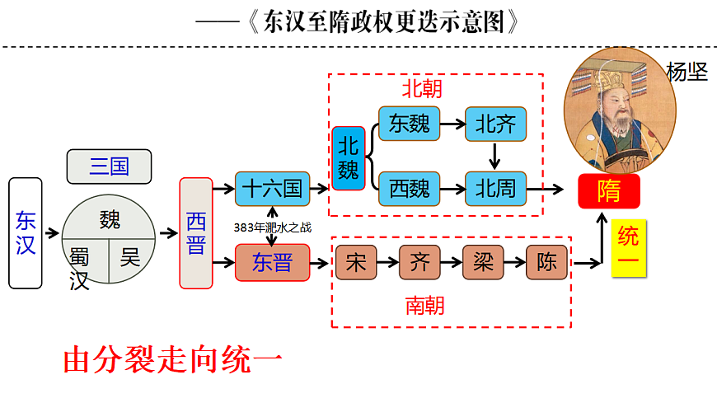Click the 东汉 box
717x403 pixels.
(25, 232)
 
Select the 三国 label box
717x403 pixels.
(109, 166)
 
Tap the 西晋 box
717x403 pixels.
(195, 232)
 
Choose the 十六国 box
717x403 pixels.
(271, 189)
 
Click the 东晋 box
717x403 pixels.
(272, 263)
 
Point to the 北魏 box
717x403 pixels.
(349, 157)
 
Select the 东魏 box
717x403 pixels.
(410, 124)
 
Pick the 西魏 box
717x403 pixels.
(410, 189)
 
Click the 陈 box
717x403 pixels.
(547, 262)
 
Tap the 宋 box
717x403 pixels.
(356, 262)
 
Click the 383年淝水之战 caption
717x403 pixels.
(272, 227)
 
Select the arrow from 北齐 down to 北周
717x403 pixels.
(495, 155)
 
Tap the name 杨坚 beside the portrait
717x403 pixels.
(687, 73)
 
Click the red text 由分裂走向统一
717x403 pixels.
(173, 361)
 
